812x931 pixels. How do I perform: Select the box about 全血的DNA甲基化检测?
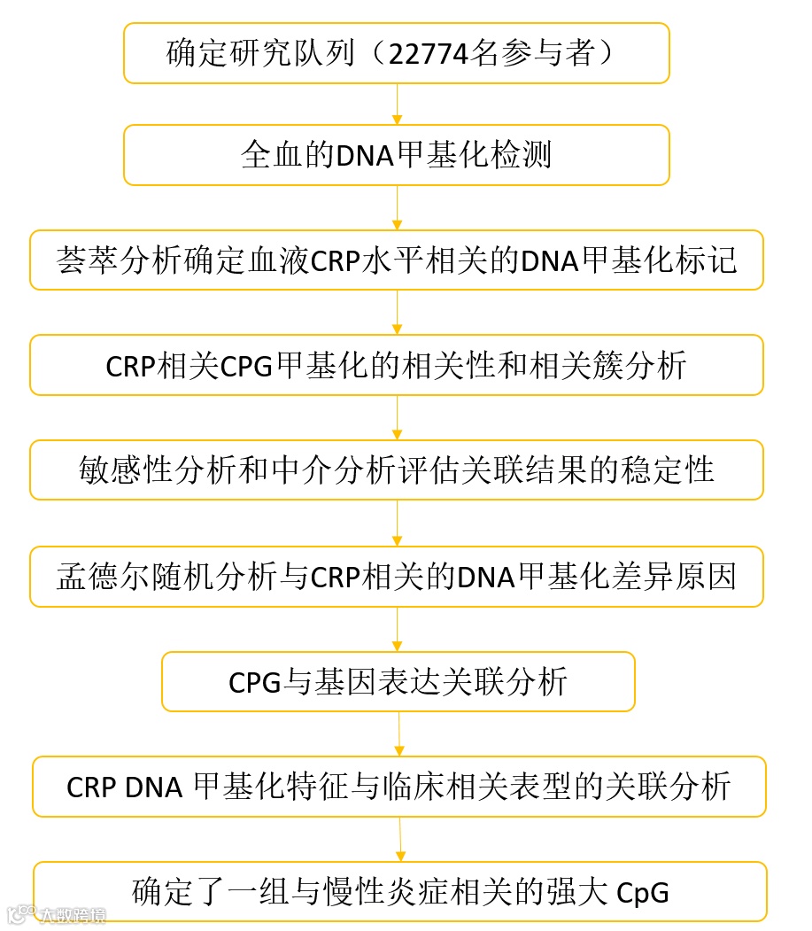(x=396, y=155)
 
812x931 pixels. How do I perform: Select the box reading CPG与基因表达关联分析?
(x=398, y=681)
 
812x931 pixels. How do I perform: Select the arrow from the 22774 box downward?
(x=397, y=105)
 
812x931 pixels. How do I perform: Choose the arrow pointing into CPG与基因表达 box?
(x=397, y=630)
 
